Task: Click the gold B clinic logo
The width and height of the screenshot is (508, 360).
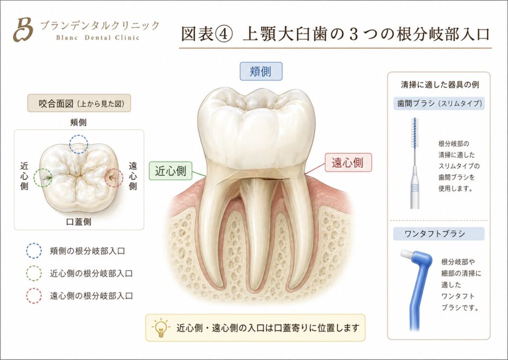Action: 23,29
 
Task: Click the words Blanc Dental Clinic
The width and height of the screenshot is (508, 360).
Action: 98,37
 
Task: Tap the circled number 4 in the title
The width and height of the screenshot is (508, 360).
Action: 224,34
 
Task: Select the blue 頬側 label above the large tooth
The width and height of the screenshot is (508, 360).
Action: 261,72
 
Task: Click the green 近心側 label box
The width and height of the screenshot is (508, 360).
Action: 171,171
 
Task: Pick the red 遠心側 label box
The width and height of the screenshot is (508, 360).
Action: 348,162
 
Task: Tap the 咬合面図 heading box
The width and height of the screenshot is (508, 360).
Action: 79,103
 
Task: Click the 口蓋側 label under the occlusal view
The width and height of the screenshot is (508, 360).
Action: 79,222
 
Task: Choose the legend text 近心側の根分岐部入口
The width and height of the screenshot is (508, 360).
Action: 91,274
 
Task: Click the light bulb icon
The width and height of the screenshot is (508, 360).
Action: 161,328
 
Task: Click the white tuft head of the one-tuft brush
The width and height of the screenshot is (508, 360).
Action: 406,254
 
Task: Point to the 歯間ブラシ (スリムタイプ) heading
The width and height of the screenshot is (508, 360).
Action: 440,103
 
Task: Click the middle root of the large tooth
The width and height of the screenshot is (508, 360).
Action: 256,233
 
